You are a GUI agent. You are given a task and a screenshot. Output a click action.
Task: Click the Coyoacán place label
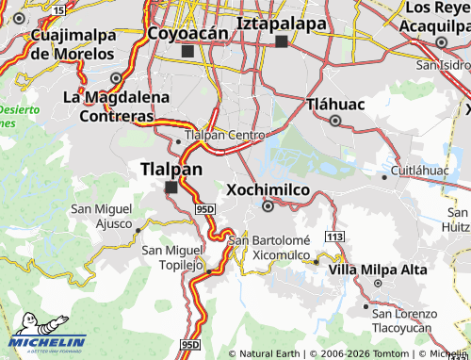coord(188,33)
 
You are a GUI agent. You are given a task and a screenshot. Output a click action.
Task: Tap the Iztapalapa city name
coord(281,23)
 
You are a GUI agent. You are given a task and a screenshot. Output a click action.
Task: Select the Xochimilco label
coord(268,189)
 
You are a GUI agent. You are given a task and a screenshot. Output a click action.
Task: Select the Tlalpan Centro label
coord(225,135)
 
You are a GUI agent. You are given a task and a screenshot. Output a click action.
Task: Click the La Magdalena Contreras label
coord(116,106)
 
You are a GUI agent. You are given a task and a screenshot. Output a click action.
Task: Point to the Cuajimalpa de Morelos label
coord(73,44)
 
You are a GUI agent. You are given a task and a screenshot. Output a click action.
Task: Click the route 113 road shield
coord(334,233)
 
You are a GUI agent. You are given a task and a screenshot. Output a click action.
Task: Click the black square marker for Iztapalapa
coord(281,41)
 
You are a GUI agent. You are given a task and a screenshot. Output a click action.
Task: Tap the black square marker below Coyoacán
coord(188,51)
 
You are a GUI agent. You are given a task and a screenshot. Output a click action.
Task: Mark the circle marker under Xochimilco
coord(268,206)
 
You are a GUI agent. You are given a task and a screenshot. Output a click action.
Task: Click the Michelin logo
coord(47,344)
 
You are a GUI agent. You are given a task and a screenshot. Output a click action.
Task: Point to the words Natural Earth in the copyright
coord(269,353)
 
